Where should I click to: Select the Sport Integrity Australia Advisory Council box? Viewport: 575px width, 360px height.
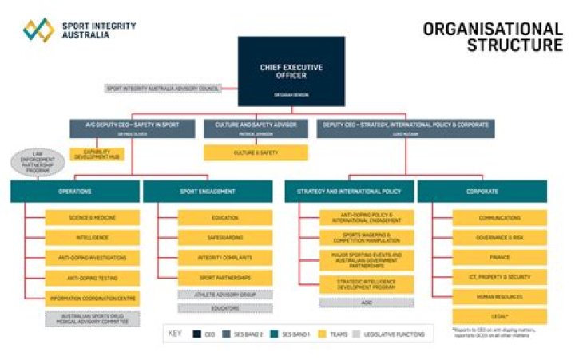click(x=162, y=89)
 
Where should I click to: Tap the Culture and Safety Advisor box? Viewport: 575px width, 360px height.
click(x=256, y=128)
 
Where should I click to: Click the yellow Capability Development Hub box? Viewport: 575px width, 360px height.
click(x=97, y=154)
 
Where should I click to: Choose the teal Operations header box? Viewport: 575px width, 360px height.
click(x=74, y=192)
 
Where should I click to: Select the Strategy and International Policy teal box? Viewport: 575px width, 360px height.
click(x=349, y=192)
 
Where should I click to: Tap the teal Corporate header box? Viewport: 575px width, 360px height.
click(x=482, y=192)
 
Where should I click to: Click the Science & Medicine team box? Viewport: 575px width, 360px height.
click(x=92, y=217)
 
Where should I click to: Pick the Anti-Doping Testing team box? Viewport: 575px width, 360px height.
click(x=92, y=278)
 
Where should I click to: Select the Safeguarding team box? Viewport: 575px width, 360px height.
click(x=225, y=237)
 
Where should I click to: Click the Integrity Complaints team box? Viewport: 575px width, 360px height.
click(x=225, y=257)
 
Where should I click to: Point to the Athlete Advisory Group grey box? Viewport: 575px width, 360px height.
click(x=225, y=295)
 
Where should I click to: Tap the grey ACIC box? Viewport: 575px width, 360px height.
click(x=367, y=303)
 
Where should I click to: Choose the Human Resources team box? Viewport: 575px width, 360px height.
click(x=500, y=296)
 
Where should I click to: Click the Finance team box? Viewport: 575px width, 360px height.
click(x=500, y=257)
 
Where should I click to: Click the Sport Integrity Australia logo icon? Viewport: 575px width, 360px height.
click(x=38, y=30)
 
